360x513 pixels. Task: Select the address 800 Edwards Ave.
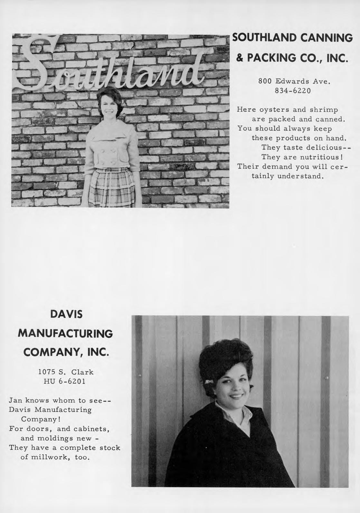(x=291, y=82)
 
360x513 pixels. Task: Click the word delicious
(x=321, y=148)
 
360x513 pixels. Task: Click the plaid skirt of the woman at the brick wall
(x=111, y=187)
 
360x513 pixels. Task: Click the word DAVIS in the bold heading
(x=66, y=314)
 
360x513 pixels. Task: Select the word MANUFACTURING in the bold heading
(x=66, y=334)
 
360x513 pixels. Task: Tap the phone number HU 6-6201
(x=64, y=382)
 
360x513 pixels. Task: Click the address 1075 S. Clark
(x=66, y=372)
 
